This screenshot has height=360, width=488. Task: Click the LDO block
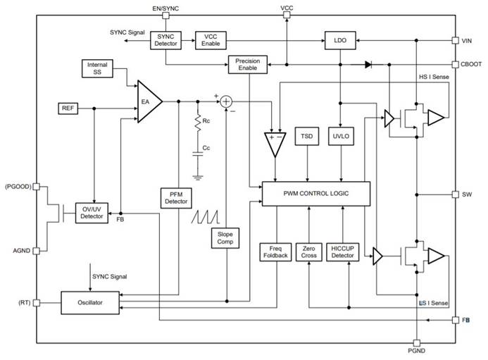[x=340, y=41]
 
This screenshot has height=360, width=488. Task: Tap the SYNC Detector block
[x=165, y=40]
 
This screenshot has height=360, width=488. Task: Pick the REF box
[x=67, y=108]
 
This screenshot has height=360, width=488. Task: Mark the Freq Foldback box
[x=275, y=252]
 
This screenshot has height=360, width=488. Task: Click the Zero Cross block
[x=308, y=252]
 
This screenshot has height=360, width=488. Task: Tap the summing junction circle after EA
[x=227, y=101]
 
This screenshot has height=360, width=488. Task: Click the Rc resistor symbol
[x=198, y=120]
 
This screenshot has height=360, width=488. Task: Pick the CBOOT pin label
[x=470, y=63]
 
